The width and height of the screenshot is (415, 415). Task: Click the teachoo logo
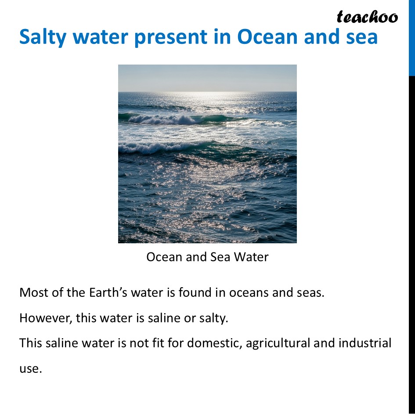point(367,17)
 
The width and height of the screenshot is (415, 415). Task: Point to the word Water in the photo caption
point(251,257)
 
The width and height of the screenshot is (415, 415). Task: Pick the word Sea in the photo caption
point(220,257)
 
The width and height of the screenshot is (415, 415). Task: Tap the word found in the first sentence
point(195,292)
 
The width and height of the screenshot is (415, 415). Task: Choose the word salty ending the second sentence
point(214,318)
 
